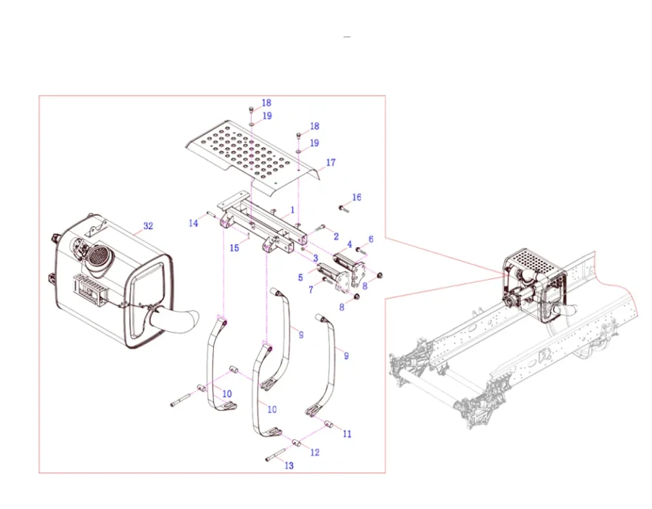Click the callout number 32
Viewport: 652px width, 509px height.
point(149,226)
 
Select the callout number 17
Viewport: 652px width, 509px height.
point(331,163)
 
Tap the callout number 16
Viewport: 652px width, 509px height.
point(357,197)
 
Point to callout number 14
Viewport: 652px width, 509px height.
point(194,223)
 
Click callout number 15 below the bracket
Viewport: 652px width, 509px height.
point(234,248)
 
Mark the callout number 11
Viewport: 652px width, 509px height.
point(347,434)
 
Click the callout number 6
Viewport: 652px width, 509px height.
point(371,240)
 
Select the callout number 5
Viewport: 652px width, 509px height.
point(300,277)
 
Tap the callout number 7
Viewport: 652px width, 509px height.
point(311,290)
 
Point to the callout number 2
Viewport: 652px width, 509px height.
point(336,235)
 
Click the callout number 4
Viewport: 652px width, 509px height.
point(350,244)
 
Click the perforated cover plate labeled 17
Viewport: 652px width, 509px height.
point(251,153)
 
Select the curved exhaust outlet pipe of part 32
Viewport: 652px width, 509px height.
point(179,318)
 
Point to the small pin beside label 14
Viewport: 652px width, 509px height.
point(211,216)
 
